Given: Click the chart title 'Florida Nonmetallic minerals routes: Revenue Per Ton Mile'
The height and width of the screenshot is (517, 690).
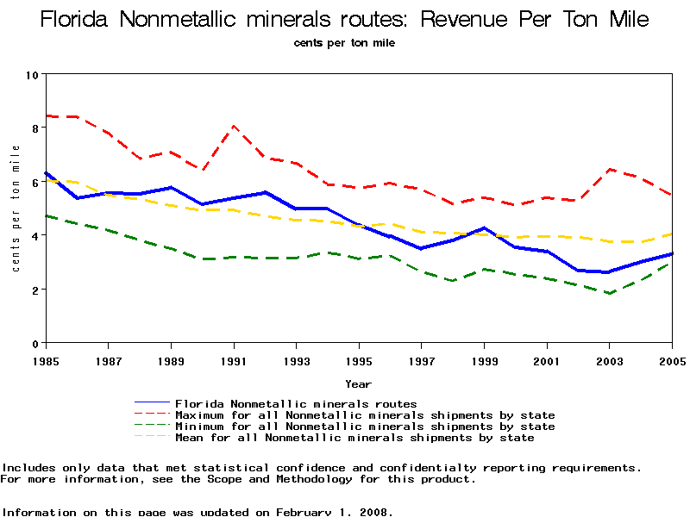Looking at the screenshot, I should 345,20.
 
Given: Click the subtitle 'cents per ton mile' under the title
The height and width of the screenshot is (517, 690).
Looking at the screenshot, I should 345,42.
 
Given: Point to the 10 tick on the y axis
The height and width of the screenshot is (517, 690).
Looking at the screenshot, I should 34,74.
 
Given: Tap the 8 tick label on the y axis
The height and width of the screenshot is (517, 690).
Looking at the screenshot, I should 34,128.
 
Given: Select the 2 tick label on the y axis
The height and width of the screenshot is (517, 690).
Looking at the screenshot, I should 34,290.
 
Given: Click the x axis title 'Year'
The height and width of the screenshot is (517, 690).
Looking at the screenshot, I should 358,383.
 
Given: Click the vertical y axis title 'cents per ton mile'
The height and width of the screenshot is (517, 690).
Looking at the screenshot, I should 15,209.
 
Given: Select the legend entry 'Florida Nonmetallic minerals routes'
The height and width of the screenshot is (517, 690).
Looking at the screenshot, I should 296,403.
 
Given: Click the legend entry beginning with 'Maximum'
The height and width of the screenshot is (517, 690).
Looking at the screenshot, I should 365,414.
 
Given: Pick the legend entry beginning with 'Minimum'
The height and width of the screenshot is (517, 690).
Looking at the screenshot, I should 365,426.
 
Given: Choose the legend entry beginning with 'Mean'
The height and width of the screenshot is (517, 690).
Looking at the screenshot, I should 354,437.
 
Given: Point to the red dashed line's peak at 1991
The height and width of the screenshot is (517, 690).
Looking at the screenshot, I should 234,126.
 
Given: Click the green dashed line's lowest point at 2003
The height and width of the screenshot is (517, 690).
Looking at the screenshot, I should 610,293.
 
